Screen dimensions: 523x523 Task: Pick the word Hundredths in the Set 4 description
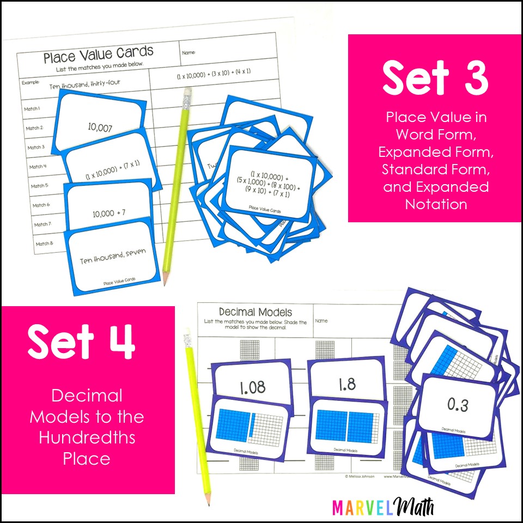tap(87, 437)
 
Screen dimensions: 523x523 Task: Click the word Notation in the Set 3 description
tap(435, 204)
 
